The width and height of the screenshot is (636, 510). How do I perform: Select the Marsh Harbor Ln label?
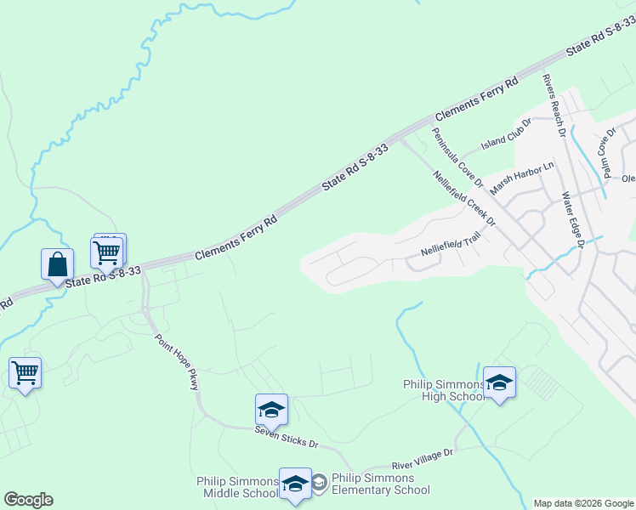click(521, 178)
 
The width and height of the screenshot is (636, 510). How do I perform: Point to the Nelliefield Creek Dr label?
click(463, 202)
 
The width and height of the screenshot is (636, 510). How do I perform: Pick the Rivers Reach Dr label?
click(554, 105)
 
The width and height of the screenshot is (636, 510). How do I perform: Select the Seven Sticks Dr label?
click(286, 437)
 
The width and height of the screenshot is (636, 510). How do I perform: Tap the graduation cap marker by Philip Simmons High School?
click(499, 382)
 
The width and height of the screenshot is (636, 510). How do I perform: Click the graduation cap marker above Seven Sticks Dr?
click(271, 410)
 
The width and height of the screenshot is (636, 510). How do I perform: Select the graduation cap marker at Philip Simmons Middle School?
click(295, 484)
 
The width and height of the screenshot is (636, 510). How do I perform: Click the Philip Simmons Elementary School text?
click(380, 484)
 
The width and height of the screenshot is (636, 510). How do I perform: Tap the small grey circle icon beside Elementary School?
click(319, 484)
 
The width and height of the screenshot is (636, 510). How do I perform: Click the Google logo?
click(28, 500)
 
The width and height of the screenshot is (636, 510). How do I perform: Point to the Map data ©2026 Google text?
click(582, 503)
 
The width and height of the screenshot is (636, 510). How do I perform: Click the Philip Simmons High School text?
click(444, 390)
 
